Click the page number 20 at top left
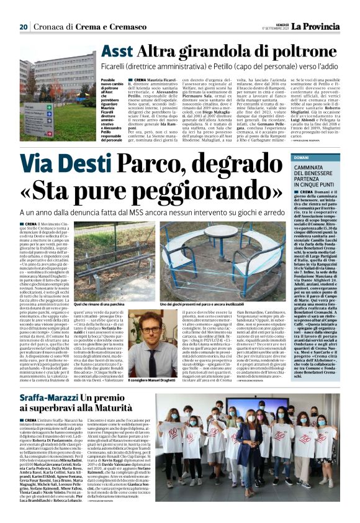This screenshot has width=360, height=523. pos(24,27)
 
